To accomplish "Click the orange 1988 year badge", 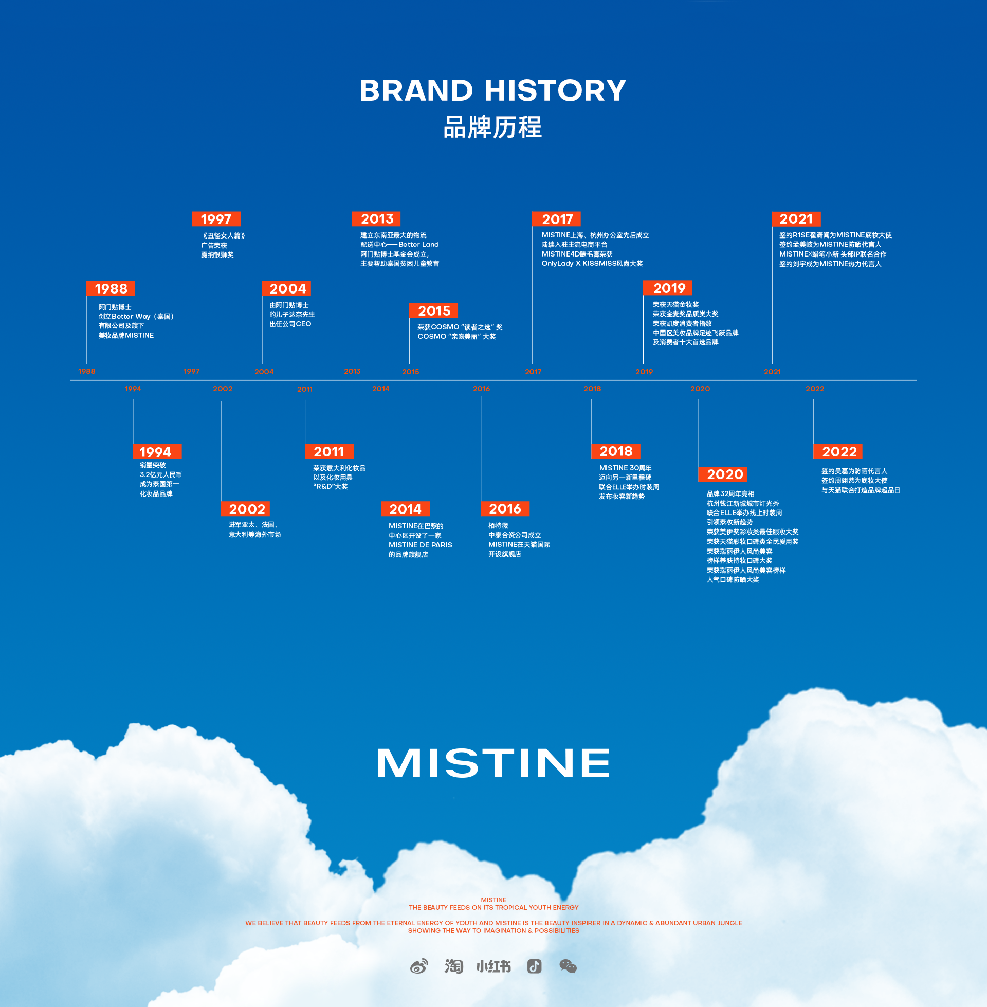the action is [111, 289].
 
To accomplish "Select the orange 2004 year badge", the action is [287, 289].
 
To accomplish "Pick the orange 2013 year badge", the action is [376, 219].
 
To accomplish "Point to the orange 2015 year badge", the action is [434, 311].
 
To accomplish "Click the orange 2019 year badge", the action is [668, 288].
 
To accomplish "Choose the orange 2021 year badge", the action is [796, 219].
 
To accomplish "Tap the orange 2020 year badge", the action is [723, 474].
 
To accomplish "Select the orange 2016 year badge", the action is [505, 509].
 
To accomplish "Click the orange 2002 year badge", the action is [246, 509].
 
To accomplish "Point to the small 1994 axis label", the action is [133, 389].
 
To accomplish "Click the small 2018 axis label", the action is [592, 389].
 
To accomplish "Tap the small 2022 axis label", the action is [815, 389].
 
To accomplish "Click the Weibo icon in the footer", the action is [419, 966].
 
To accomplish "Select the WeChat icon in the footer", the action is [568, 966].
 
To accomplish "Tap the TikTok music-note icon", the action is [535, 966].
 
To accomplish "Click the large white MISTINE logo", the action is [493, 763].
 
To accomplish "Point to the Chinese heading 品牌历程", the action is [492, 127].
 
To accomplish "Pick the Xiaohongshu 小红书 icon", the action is [493, 966].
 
